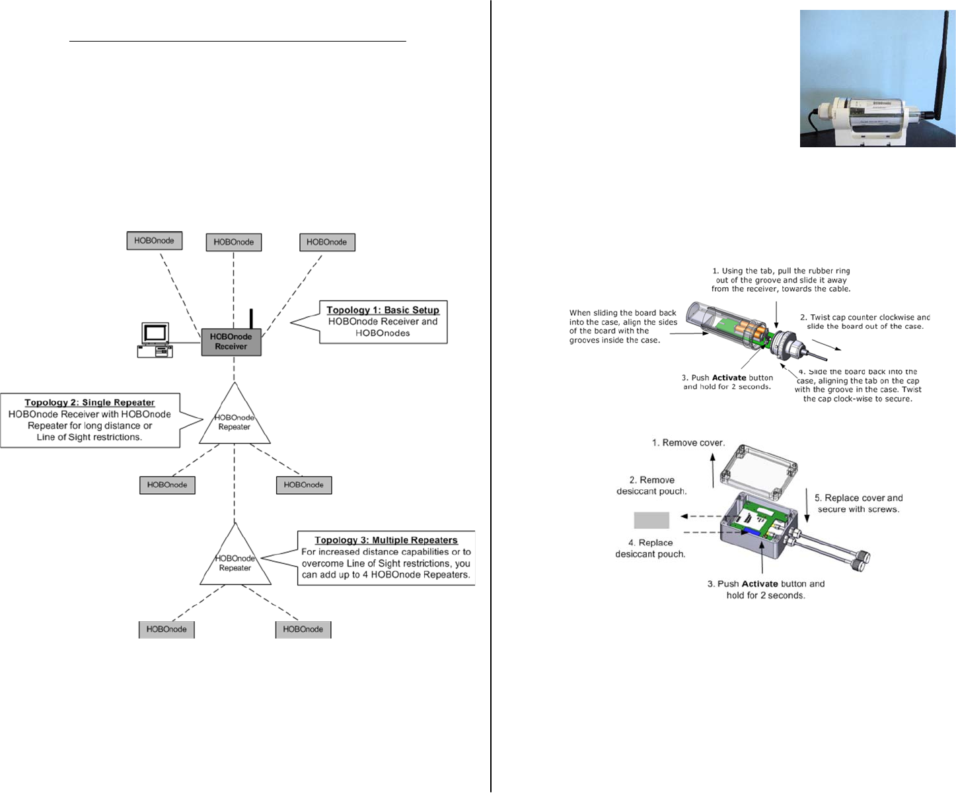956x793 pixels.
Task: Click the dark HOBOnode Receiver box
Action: (x=231, y=342)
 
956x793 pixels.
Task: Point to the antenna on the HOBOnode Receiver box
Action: (x=251, y=318)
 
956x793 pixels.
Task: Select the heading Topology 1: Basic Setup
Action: (x=383, y=310)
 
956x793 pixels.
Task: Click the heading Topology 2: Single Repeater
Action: (x=90, y=403)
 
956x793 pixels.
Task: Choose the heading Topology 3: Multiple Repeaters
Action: (x=386, y=540)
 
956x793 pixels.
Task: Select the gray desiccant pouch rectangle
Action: (x=651, y=520)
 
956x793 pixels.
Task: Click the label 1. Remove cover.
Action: (x=688, y=443)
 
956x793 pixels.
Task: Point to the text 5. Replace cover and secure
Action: (x=858, y=503)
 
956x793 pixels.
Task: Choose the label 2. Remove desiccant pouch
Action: (x=651, y=485)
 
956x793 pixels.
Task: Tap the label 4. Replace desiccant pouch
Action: (x=650, y=548)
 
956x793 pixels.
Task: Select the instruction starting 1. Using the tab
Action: (x=781, y=280)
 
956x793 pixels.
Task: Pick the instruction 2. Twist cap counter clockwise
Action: (x=865, y=322)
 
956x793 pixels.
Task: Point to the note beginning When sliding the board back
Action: (x=623, y=326)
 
